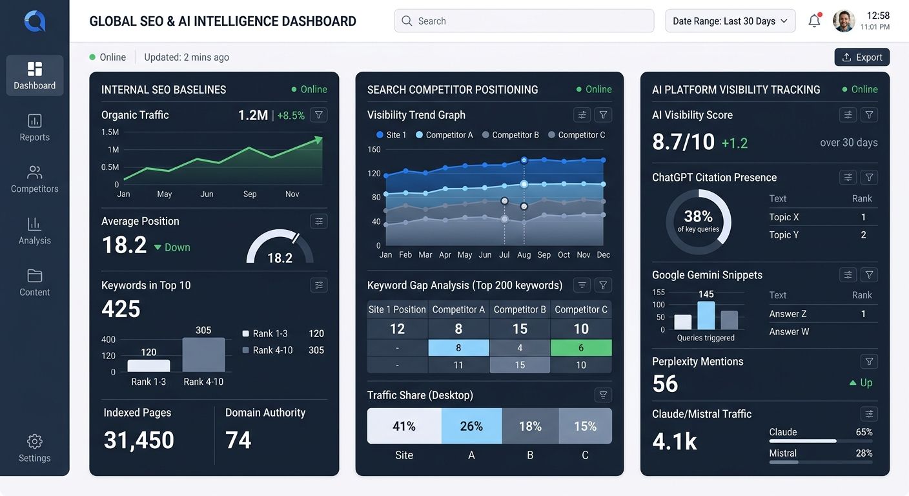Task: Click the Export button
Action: (x=862, y=57)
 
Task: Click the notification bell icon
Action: (x=814, y=21)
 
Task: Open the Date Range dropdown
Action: (x=730, y=21)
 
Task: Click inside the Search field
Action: (x=524, y=21)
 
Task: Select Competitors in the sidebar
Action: (x=35, y=179)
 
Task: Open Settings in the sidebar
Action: (x=35, y=448)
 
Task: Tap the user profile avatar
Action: (x=844, y=21)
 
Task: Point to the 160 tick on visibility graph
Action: (x=374, y=149)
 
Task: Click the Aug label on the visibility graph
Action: (x=524, y=255)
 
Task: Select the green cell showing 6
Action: (x=581, y=348)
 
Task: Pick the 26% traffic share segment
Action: (x=471, y=426)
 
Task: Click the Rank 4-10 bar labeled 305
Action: (x=203, y=355)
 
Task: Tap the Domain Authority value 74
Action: (x=238, y=440)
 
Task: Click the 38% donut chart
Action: (x=699, y=222)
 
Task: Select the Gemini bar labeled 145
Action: (x=706, y=315)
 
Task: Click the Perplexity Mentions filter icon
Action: (x=869, y=362)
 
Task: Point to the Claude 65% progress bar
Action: (x=802, y=441)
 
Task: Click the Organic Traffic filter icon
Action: (x=318, y=115)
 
